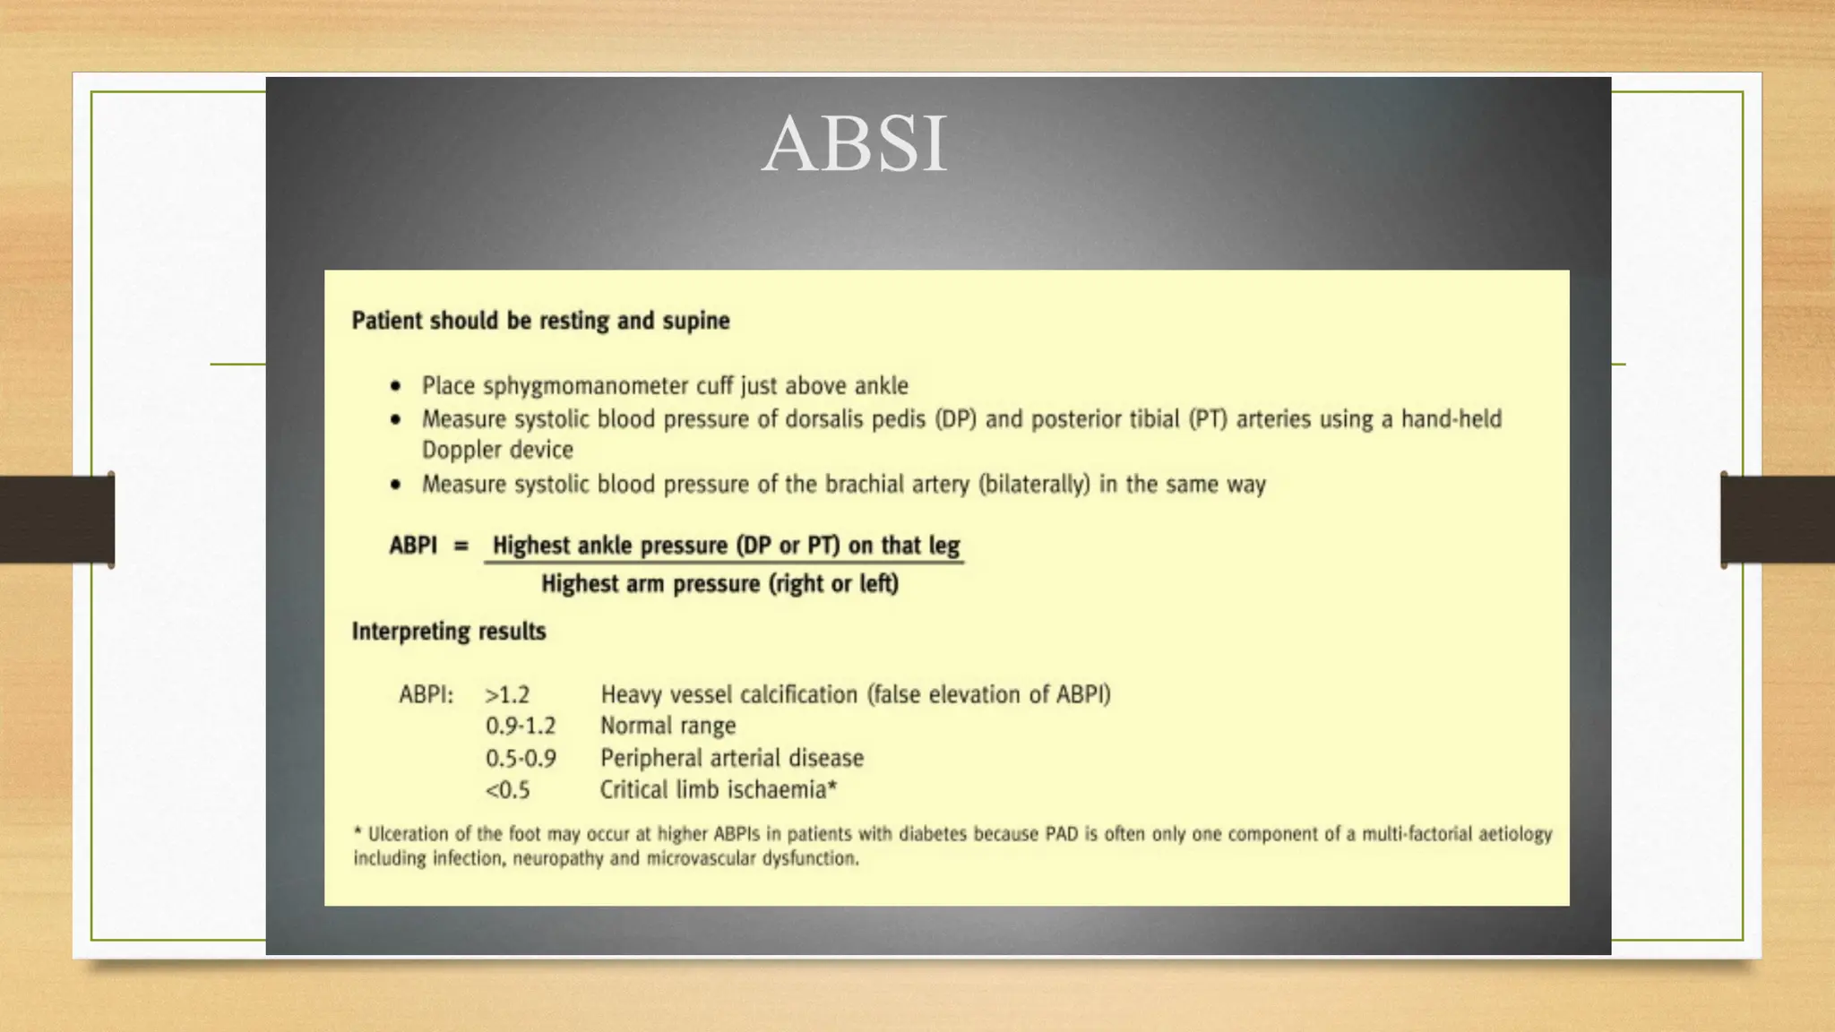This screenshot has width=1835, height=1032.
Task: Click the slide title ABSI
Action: [854, 144]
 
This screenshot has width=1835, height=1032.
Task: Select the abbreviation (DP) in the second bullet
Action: [955, 419]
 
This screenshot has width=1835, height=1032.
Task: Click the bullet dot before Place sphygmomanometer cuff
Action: [396, 386]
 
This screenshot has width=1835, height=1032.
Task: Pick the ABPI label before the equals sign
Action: [413, 546]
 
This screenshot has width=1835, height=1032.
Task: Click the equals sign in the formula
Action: [461, 546]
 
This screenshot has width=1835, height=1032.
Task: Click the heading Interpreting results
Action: [449, 632]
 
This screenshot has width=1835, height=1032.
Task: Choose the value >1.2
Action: [507, 695]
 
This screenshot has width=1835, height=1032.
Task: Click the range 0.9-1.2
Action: [521, 727]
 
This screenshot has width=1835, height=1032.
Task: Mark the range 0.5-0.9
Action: [521, 759]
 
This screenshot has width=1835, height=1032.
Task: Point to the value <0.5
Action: [507, 790]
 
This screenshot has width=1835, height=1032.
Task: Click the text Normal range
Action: [668, 727]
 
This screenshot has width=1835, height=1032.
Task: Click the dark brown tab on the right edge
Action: [1778, 520]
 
